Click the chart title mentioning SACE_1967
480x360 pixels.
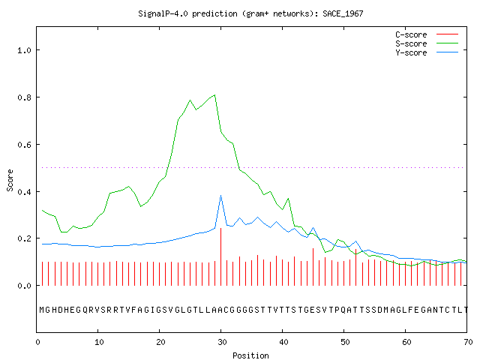coord(250,13)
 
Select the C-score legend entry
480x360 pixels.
coord(411,34)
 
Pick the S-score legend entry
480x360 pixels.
coord(411,43)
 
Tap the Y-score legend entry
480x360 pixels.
coord(411,52)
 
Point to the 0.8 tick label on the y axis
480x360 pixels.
coord(25,97)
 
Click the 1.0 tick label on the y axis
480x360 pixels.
coord(25,50)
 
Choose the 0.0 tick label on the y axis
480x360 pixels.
coord(25,286)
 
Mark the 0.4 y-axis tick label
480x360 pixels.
coord(25,192)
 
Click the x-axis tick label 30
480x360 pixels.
coord(222,342)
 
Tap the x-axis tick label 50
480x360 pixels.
coord(345,342)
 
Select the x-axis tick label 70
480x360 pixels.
coord(468,342)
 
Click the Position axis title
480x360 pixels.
coord(250,355)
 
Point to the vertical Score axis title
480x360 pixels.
coord(10,180)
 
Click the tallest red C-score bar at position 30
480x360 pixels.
coord(221,256)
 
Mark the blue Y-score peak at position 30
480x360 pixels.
coord(221,196)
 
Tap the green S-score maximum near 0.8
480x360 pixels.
coord(215,95)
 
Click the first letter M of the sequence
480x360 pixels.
coord(42,310)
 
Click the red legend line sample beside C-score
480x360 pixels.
coord(447,34)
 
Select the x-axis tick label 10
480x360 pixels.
coord(99,342)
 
